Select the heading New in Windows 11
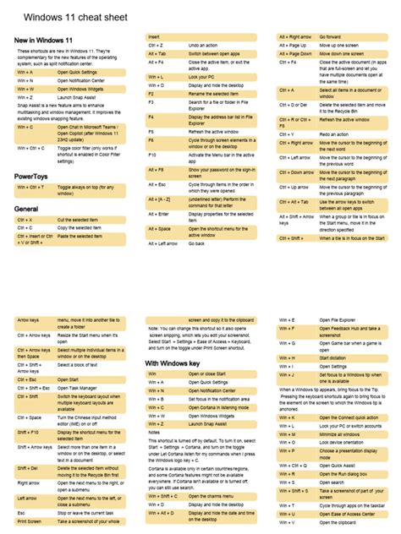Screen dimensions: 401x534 tap(41, 40)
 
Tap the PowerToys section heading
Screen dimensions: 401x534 tap(30, 176)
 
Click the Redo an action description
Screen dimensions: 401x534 tap(334, 133)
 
